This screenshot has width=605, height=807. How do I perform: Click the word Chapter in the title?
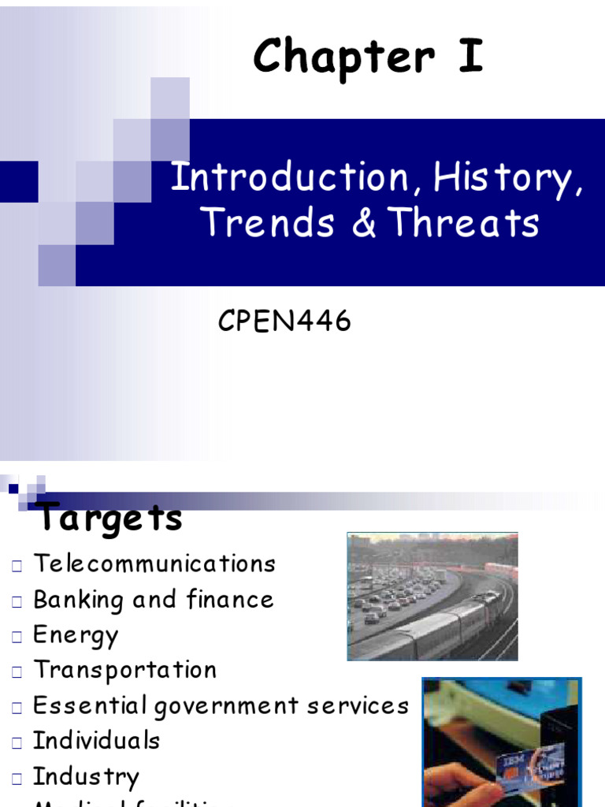343,59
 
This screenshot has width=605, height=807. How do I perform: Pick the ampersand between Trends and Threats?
365,222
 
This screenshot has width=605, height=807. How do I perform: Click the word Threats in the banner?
465,222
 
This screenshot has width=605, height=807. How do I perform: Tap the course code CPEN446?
284,322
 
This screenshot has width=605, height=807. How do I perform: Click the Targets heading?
111,518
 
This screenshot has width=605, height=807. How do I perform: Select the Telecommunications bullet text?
154,563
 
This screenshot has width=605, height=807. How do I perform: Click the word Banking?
78,600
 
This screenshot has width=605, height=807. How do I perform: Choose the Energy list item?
76,635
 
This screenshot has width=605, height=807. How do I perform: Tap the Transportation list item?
124,670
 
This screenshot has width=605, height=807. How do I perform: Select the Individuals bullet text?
96,741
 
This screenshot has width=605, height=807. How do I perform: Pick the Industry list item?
86,776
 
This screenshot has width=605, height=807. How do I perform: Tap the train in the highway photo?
441,623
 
